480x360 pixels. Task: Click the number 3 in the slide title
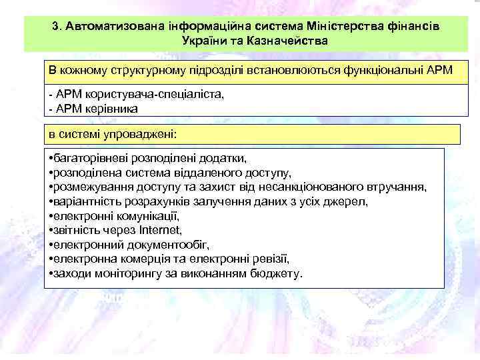[54, 26]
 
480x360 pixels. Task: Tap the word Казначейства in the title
[292, 41]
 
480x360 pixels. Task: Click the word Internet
[161, 230]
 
